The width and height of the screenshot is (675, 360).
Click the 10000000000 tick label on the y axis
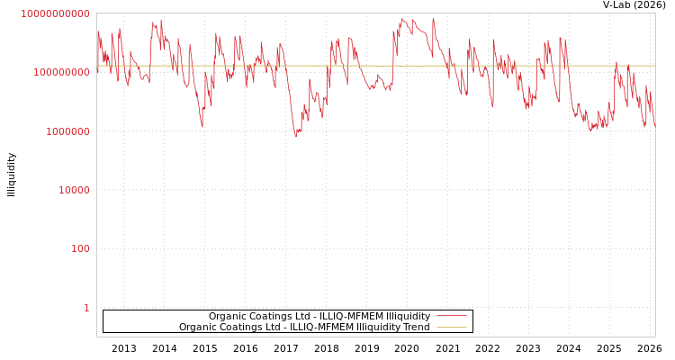tap(55, 14)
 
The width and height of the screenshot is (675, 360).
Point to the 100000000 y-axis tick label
tap(61, 72)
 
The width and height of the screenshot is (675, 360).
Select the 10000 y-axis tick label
tap(74, 191)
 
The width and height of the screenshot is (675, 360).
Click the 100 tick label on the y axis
tap(80, 249)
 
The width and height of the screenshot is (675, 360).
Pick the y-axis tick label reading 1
tap(86, 309)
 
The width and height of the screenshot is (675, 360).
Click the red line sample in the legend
tap(451, 316)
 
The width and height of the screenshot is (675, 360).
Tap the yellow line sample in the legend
tap(451, 328)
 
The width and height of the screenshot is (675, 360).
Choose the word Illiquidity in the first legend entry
tap(408, 317)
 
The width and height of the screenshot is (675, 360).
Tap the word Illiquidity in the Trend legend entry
tap(378, 328)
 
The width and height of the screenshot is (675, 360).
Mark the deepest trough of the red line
tap(296, 136)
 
